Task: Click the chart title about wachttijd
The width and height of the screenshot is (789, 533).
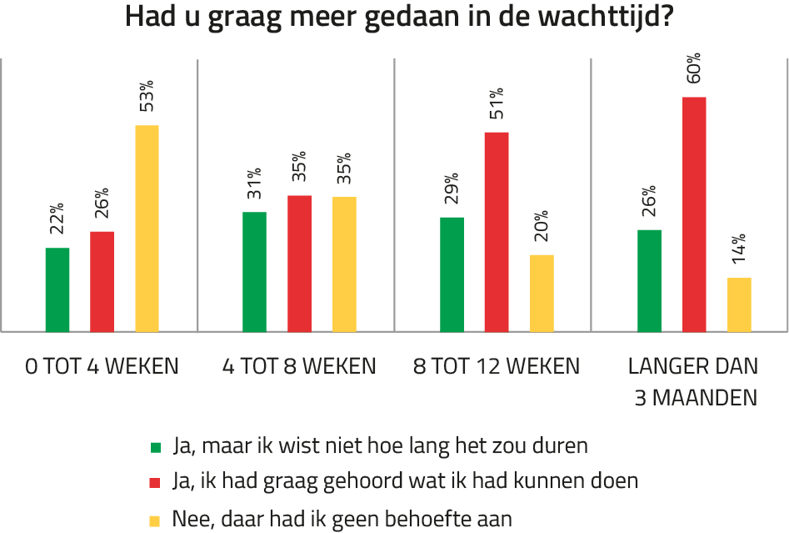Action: click(399, 18)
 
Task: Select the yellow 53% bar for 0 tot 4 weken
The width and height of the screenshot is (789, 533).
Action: click(147, 228)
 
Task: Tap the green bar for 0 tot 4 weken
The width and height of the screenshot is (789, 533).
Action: click(57, 289)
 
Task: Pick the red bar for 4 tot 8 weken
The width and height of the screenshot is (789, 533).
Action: click(300, 263)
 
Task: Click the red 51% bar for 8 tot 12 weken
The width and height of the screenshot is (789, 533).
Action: click(497, 231)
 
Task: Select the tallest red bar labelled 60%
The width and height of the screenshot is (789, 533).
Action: click(694, 214)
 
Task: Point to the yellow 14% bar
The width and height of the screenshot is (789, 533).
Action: click(739, 304)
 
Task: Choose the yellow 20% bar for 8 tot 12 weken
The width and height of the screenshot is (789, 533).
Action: click(542, 292)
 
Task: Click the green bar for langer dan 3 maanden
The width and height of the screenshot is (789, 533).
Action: click(649, 279)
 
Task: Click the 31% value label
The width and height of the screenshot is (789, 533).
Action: click(255, 185)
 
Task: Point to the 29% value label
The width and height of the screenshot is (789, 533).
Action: click(452, 190)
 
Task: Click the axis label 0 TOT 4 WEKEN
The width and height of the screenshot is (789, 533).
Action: click(102, 366)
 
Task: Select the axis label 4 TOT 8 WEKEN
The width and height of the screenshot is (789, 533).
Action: click(300, 366)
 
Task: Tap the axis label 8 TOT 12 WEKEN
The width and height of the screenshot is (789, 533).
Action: click(497, 366)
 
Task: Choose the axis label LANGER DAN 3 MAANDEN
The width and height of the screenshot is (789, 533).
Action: click(693, 381)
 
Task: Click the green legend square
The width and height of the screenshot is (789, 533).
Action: click(155, 446)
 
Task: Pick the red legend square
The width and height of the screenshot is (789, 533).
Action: click(155, 482)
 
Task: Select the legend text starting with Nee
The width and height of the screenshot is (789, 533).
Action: click(342, 519)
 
